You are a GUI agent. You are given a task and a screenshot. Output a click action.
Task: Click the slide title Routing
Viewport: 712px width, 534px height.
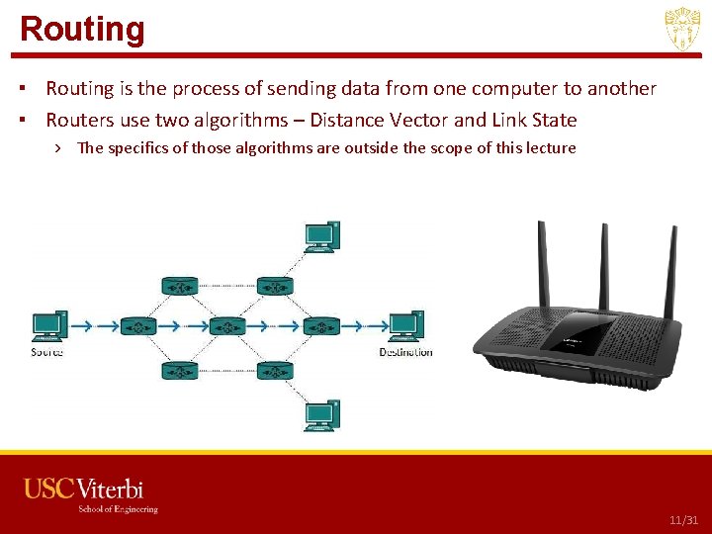[82, 29]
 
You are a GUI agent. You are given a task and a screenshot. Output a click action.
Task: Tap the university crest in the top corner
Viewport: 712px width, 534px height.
[682, 30]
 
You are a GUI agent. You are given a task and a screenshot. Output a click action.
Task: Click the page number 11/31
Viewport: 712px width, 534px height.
[683, 520]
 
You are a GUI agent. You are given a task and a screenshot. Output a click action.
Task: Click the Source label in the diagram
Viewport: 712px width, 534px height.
[46, 352]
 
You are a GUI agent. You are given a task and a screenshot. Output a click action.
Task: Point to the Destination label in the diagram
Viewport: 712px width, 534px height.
[405, 352]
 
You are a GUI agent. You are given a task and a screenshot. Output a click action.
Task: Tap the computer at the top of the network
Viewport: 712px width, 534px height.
[321, 235]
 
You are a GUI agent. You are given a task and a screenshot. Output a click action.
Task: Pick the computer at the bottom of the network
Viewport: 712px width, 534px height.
[321, 414]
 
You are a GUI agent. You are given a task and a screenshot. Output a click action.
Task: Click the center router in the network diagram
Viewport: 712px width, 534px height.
[226, 325]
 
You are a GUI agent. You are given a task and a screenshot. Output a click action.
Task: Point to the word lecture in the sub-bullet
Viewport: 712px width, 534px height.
[549, 148]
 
